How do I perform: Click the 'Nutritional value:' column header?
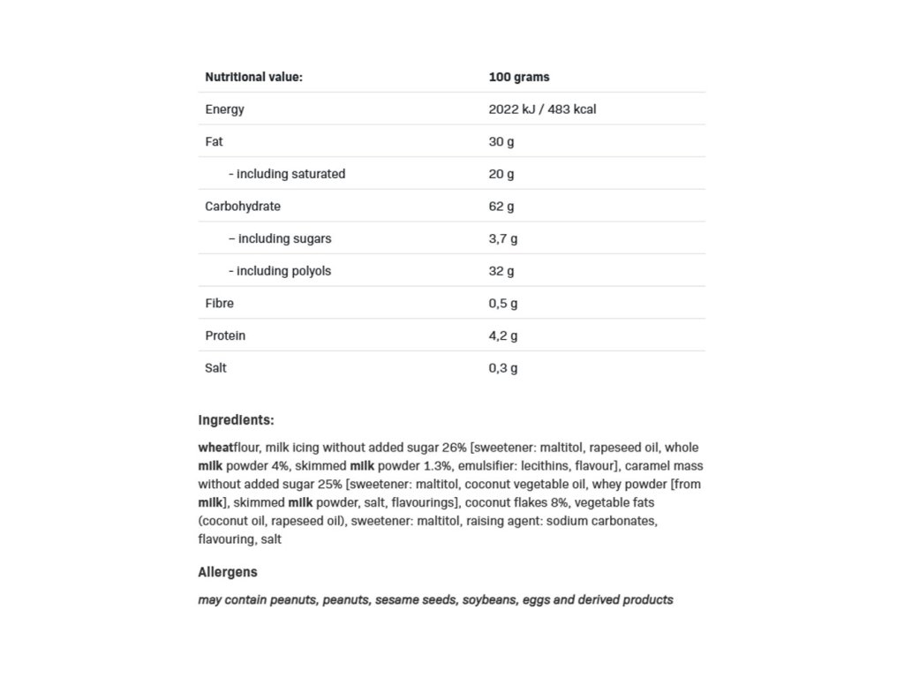[x=253, y=77]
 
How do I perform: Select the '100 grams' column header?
[x=518, y=77]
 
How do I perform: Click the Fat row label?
[x=214, y=141]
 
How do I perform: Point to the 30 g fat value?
[x=501, y=141]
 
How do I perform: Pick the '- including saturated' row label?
[x=286, y=174]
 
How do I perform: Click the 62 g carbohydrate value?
[x=501, y=207]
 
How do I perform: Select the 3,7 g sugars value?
[x=502, y=238]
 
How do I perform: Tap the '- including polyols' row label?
[x=279, y=271]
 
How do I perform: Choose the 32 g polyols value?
[x=501, y=271]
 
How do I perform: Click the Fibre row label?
[x=219, y=303]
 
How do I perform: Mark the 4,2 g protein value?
[x=502, y=335]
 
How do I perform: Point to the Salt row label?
[x=215, y=367]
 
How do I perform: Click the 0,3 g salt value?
[x=502, y=367]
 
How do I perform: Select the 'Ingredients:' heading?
[x=236, y=420]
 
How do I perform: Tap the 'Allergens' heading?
[x=228, y=572]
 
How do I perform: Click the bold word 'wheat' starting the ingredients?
[x=215, y=448]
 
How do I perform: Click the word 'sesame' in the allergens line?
[x=395, y=599]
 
